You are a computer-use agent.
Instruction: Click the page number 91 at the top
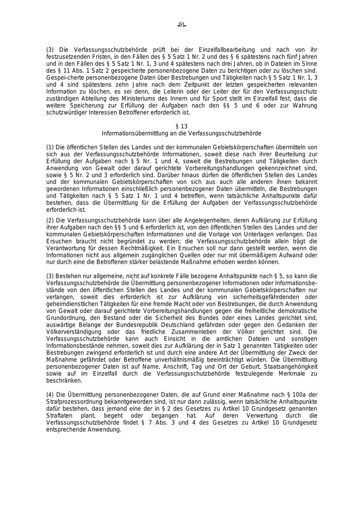(182, 25)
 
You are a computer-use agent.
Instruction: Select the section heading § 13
(181, 126)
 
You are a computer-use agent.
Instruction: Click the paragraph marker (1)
(50, 147)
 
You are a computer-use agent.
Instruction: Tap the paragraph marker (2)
(50, 220)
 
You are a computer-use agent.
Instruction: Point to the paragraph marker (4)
(50, 395)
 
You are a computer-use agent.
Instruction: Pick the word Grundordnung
(64, 318)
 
